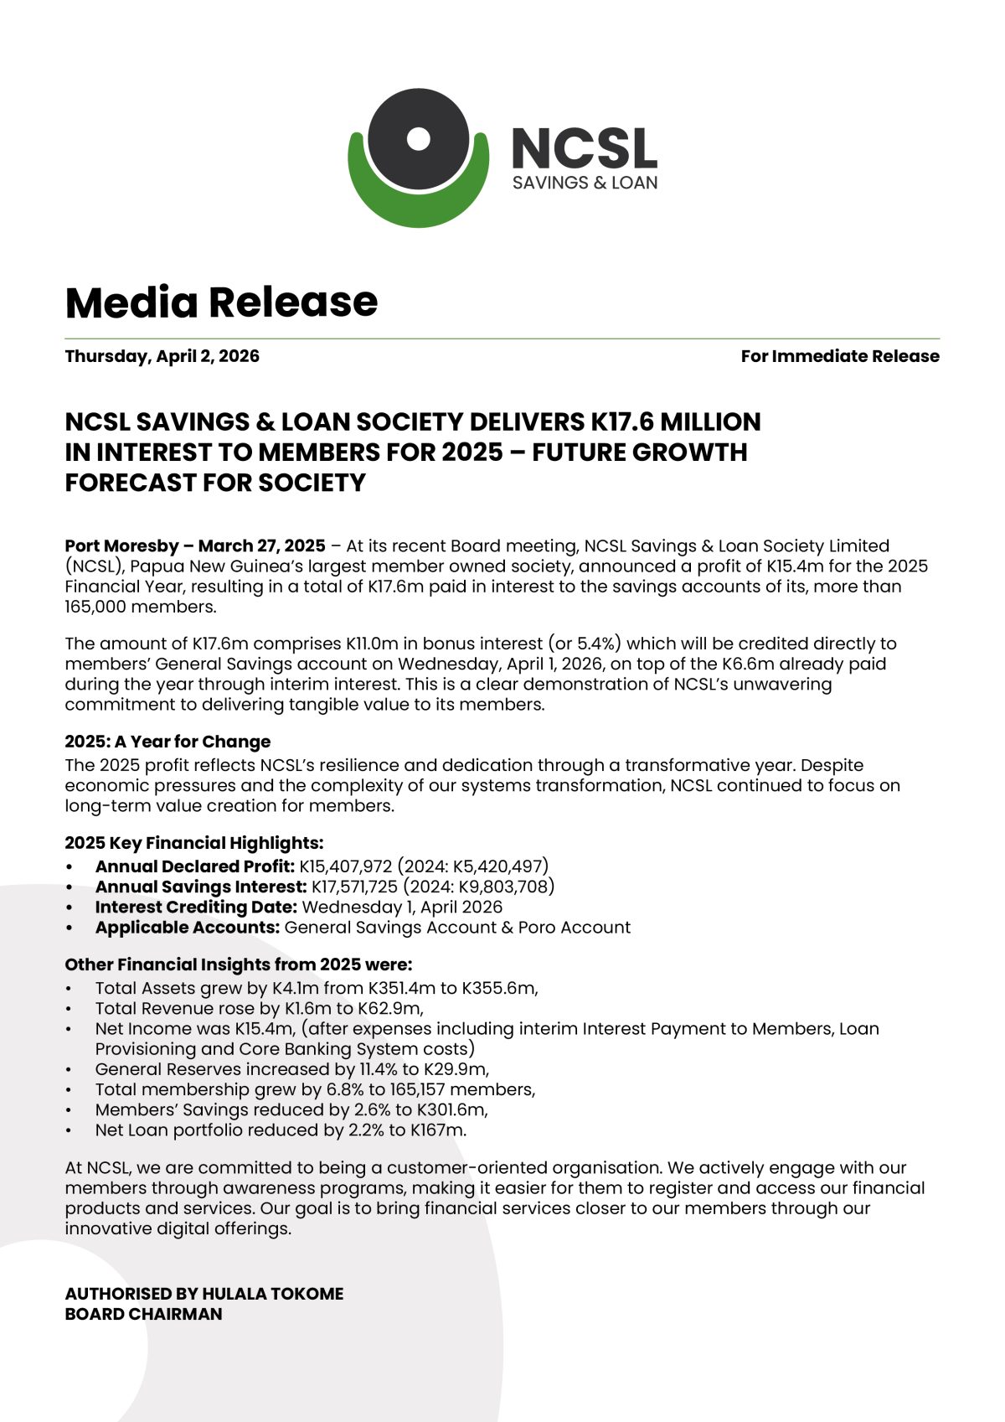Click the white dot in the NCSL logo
click(418, 138)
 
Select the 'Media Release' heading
click(221, 302)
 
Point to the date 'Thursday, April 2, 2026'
click(162, 356)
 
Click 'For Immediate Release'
click(839, 356)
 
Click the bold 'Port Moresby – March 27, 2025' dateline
click(195, 546)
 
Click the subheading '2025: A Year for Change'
click(167, 742)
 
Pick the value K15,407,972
click(345, 866)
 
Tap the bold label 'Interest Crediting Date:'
click(196, 907)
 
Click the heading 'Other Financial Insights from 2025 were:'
click(239, 964)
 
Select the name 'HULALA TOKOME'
click(272, 1294)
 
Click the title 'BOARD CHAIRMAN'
click(143, 1314)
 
